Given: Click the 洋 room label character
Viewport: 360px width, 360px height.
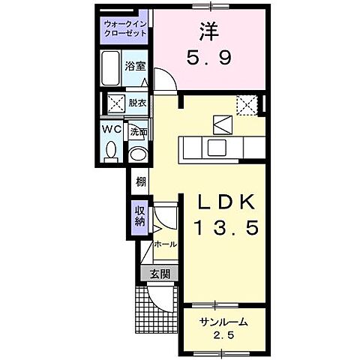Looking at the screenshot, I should (208, 33).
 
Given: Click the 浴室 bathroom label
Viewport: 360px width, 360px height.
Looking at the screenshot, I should (135, 66).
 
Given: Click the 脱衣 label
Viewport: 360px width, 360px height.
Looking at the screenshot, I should (137, 103).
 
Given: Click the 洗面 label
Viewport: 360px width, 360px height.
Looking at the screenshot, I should (137, 132).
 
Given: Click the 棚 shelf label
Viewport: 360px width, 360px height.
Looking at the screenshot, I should (141, 181).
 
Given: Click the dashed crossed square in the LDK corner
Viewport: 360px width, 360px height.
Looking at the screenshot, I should (247, 104).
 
